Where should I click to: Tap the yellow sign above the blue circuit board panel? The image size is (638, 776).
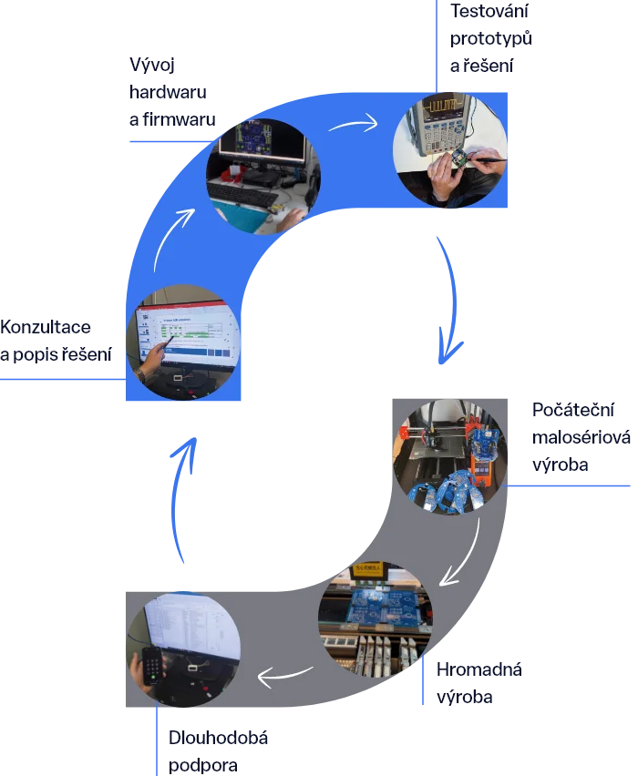tap(376, 571)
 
